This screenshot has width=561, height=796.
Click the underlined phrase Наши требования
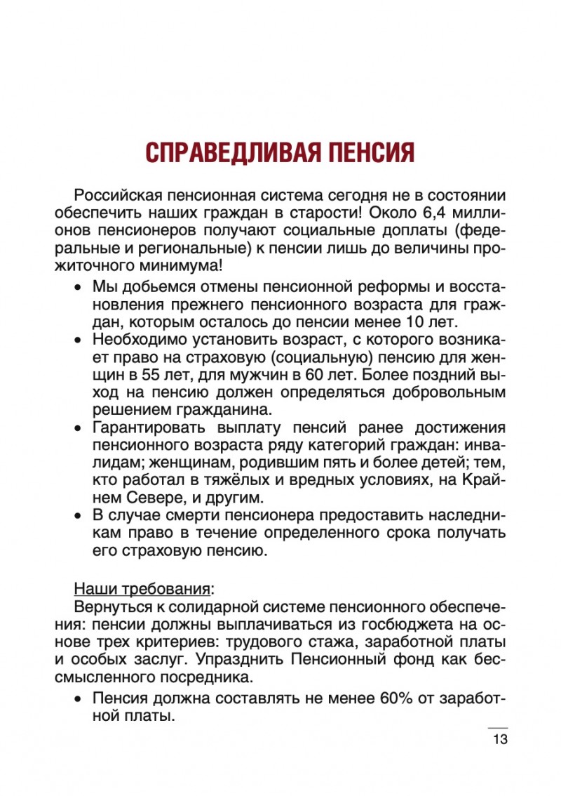click(142, 587)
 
